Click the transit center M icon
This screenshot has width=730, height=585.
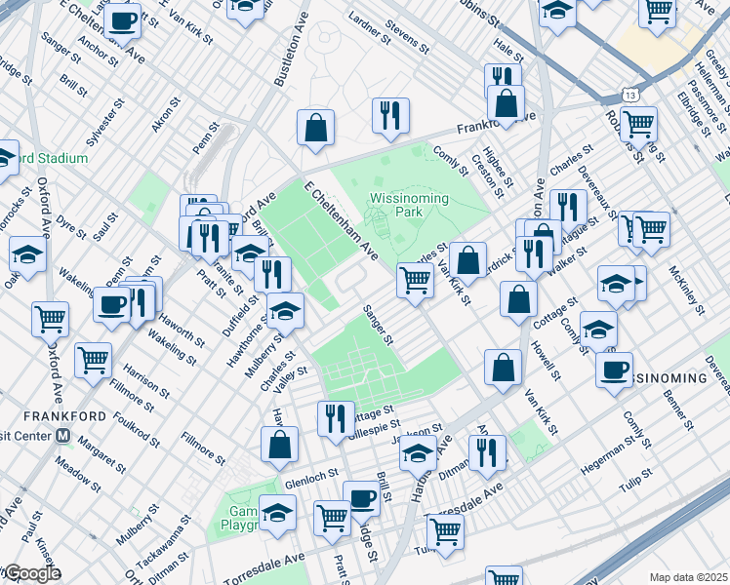[63, 435]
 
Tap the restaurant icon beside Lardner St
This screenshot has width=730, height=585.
[389, 115]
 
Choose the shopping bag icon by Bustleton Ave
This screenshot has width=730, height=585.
[315, 129]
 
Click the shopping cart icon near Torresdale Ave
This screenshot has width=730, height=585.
[444, 532]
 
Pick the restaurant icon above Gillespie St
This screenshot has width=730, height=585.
[336, 418]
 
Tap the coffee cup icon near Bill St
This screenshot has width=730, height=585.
[361, 498]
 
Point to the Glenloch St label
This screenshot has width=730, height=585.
[310, 482]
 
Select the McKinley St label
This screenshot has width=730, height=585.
[686, 291]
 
